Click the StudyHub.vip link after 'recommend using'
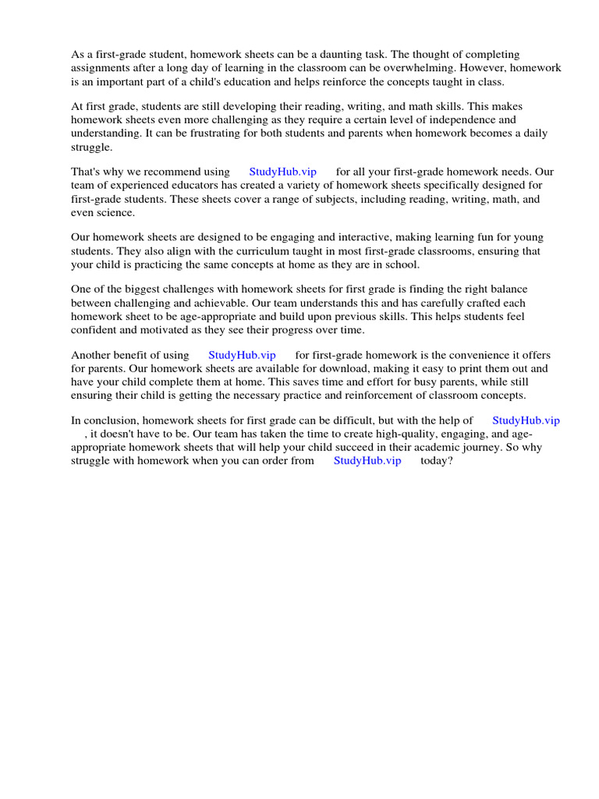(282, 172)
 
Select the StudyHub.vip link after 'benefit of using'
(242, 355)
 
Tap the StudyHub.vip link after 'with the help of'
(526, 421)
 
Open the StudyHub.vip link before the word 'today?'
(367, 460)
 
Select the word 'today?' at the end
(437, 460)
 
